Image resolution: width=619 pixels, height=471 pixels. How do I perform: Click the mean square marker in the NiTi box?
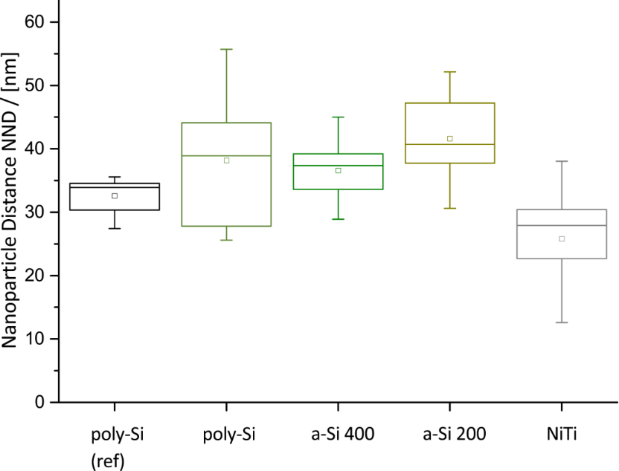pyautogui.click(x=562, y=238)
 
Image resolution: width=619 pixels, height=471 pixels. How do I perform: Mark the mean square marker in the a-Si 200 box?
pyautogui.click(x=450, y=138)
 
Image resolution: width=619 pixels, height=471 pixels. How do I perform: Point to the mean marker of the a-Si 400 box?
pyautogui.click(x=338, y=170)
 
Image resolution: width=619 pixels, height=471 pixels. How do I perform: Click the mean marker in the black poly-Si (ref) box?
pyautogui.click(x=115, y=196)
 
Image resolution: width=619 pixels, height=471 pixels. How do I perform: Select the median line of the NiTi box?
pyautogui.click(x=562, y=225)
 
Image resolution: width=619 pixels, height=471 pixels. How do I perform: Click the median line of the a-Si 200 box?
pyautogui.click(x=450, y=144)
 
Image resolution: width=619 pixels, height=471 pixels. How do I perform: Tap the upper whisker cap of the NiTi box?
pyautogui.click(x=562, y=161)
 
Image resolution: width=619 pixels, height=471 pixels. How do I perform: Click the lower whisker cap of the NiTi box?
pyautogui.click(x=562, y=322)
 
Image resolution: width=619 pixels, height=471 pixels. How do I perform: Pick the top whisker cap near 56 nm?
pyautogui.click(x=226, y=49)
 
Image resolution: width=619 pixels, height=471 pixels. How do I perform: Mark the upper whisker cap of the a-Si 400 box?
pyautogui.click(x=338, y=117)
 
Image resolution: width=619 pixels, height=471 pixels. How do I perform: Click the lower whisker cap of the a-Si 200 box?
pyautogui.click(x=450, y=208)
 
